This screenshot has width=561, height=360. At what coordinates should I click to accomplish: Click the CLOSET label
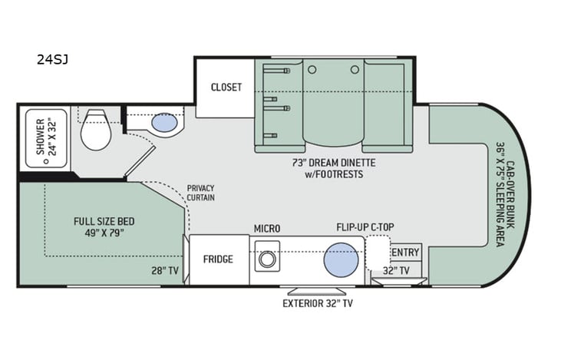coord(226,87)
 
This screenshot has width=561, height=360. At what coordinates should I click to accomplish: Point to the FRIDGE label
coord(218,259)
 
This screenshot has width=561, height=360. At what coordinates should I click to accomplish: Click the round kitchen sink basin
coord(341,259)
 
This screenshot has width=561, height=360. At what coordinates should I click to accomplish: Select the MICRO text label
coord(268,229)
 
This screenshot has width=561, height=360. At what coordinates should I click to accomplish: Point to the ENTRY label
coord(406,253)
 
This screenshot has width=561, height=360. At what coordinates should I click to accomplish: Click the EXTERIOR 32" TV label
coord(317,302)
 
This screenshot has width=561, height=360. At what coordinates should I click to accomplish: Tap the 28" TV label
coord(165,269)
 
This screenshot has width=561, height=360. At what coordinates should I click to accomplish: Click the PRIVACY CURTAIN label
coord(200,193)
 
